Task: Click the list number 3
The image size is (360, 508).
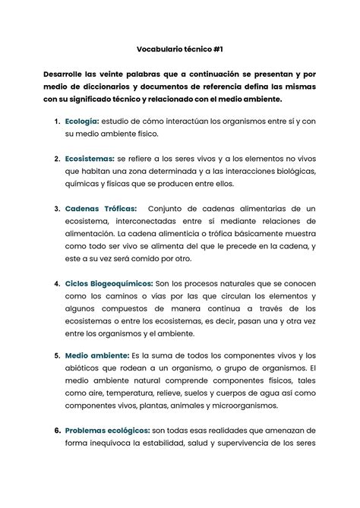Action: coord(57,207)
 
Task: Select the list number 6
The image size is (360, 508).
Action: coord(57,430)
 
